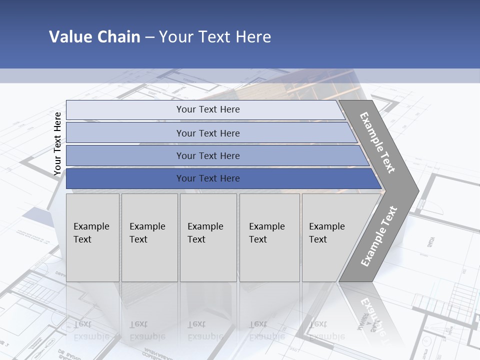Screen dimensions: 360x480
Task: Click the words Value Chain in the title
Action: pyautogui.click(x=94, y=37)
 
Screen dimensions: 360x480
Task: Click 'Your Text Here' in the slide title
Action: pyautogui.click(x=215, y=37)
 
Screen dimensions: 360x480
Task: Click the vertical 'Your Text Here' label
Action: pyautogui.click(x=57, y=143)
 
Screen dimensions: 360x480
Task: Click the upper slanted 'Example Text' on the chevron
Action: pyautogui.click(x=377, y=142)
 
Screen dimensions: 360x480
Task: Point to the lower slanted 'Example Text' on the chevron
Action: pyautogui.click(x=378, y=236)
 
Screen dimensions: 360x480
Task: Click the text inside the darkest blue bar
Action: pyautogui.click(x=208, y=178)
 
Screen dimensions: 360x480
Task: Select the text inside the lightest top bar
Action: pyautogui.click(x=208, y=109)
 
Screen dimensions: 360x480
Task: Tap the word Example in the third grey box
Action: pyautogui.click(x=205, y=226)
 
